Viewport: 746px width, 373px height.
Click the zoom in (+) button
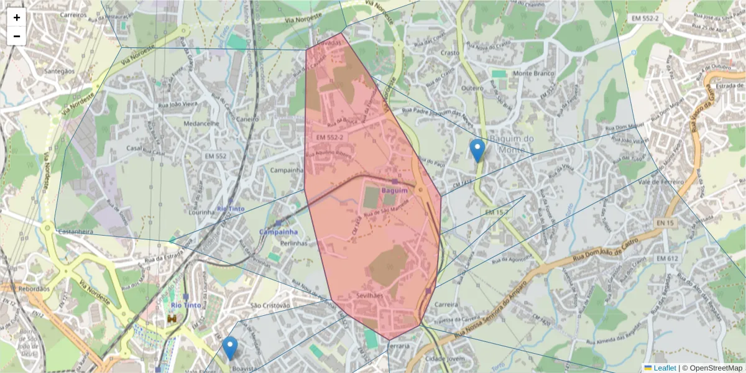[x=17, y=17]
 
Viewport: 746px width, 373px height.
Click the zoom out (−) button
[x=17, y=36]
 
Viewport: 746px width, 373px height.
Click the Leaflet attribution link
[x=665, y=368]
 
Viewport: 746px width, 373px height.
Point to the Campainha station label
[x=278, y=232]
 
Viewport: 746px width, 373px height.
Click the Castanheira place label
[x=75, y=231]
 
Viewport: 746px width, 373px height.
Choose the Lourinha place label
[x=202, y=213]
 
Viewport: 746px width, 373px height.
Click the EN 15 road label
[x=665, y=223]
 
